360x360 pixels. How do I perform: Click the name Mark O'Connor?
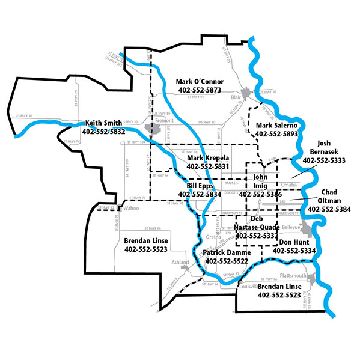[200, 81]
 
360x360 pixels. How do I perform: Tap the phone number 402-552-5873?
[200, 90]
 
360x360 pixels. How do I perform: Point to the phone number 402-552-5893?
[277, 134]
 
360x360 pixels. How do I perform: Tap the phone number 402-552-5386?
[260, 195]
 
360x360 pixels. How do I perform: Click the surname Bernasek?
[324, 152]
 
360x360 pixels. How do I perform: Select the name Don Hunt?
[294, 242]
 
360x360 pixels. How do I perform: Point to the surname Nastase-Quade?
[258, 227]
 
